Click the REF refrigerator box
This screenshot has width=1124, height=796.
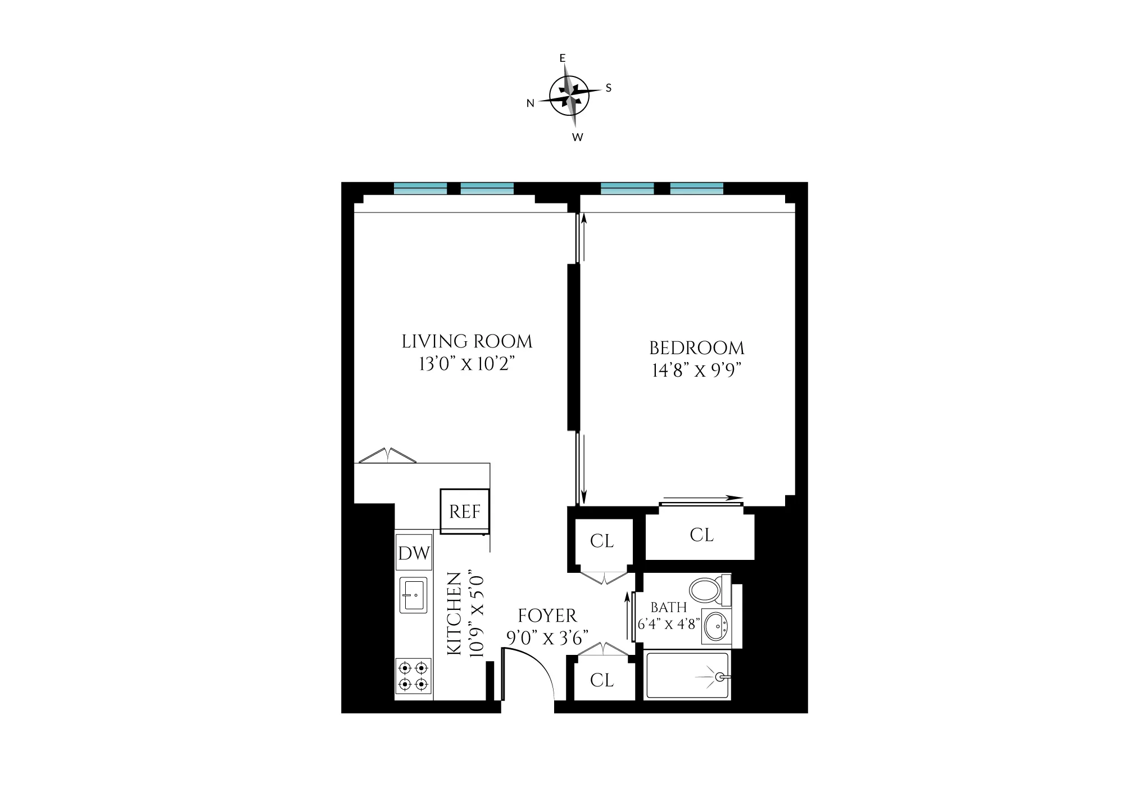(x=465, y=512)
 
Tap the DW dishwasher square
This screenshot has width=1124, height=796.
(x=414, y=553)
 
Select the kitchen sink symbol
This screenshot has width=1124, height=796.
(x=414, y=595)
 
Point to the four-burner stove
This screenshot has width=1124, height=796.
(x=414, y=676)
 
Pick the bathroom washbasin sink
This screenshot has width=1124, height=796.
(x=715, y=625)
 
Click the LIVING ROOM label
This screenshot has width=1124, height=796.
(x=467, y=341)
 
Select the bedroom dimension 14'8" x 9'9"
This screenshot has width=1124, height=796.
(x=697, y=371)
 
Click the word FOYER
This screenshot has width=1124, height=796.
(x=547, y=616)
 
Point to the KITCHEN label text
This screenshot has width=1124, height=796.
(x=454, y=613)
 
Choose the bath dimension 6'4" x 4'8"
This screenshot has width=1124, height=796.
(x=669, y=624)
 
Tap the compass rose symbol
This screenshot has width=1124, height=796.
(x=569, y=96)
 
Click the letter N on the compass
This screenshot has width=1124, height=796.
(x=530, y=103)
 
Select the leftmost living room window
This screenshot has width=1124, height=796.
(x=420, y=189)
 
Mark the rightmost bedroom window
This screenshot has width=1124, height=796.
(x=697, y=189)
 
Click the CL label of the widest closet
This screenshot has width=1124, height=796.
(x=701, y=535)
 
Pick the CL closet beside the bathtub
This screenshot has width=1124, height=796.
(x=602, y=680)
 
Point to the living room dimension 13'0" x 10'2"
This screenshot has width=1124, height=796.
(x=467, y=364)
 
